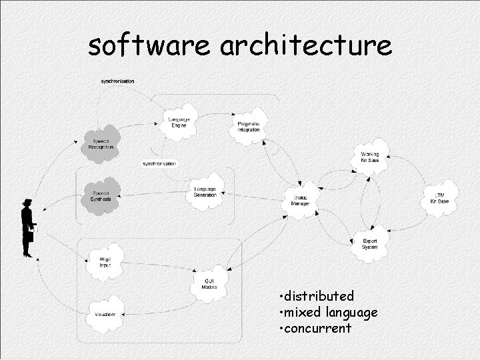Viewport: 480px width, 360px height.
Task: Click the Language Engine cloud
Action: [178, 121]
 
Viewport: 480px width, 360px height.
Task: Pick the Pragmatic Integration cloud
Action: [248, 126]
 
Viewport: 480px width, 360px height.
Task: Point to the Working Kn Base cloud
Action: [369, 158]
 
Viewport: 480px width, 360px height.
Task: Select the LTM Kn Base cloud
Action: [439, 198]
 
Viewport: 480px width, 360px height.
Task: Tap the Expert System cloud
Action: [369, 244]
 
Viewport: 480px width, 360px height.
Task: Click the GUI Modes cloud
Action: [209, 285]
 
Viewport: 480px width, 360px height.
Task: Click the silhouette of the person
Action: [27, 227]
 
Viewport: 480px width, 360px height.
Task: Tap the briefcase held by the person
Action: [30, 237]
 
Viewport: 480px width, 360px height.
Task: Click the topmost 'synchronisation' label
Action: [117, 81]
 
